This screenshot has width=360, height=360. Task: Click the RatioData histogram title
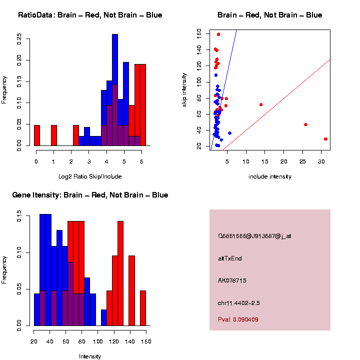(x=90, y=15)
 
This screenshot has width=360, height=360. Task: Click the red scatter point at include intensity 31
(x=325, y=139)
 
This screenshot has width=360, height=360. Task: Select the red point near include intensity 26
(x=305, y=124)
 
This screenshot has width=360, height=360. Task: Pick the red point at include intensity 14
(x=261, y=104)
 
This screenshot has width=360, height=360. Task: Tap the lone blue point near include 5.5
(x=229, y=133)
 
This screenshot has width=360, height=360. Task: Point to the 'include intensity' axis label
(x=270, y=176)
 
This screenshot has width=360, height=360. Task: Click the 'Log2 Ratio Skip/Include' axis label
(x=90, y=176)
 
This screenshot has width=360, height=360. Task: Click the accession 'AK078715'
(x=232, y=280)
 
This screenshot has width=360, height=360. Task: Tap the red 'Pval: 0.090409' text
(x=238, y=319)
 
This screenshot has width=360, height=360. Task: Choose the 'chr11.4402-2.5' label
(x=238, y=303)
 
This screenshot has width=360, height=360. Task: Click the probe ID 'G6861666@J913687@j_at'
(x=254, y=235)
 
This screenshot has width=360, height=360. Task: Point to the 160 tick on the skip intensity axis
(x=199, y=33)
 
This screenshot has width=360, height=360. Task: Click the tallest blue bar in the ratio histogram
(x=115, y=90)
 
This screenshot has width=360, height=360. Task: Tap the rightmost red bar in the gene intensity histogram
(x=142, y=308)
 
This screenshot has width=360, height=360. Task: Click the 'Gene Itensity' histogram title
(x=90, y=194)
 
